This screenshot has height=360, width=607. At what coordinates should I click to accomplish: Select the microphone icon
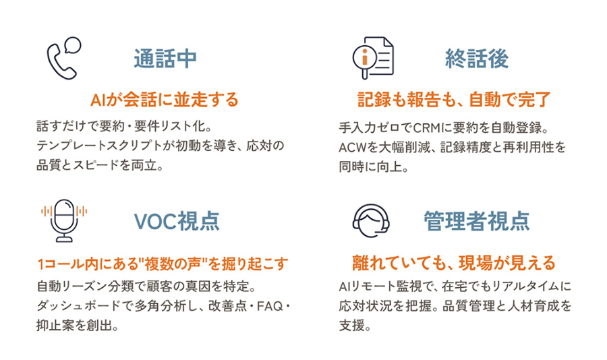pos(64,220)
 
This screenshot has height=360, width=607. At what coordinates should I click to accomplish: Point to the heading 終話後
pos(477,59)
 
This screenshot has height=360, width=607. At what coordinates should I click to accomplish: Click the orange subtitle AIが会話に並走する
pos(165,100)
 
